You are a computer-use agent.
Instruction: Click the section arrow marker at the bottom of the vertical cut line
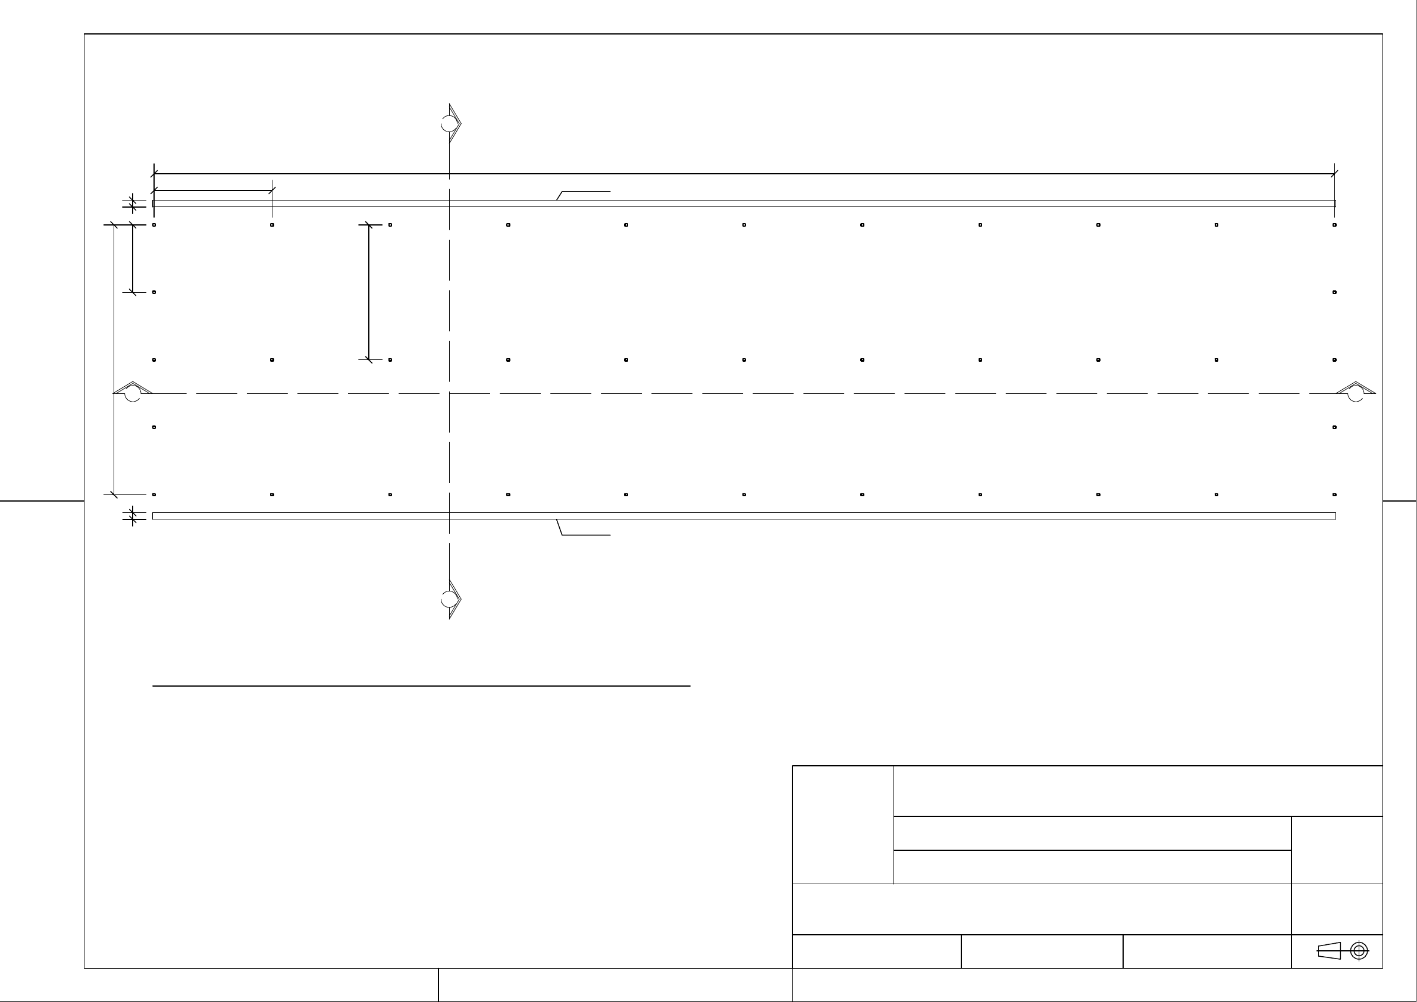coord(451,599)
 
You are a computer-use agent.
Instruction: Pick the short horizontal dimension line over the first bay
coord(213,190)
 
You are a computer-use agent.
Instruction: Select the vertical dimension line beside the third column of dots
coord(369,292)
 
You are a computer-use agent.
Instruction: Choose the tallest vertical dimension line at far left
coord(114,359)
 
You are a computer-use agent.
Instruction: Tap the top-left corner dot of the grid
coord(154,225)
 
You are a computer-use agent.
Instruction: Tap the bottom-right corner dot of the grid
coord(1334,494)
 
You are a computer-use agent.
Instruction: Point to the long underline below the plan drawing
coord(421,686)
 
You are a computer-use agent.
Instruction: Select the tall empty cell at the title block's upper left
coord(843,825)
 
